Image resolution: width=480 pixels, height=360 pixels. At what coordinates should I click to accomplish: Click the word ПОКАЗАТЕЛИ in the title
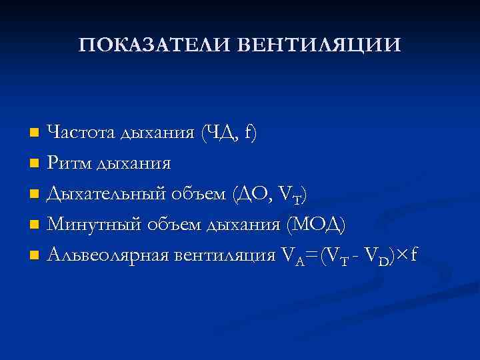154,45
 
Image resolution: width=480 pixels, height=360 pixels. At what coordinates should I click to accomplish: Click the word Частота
82,132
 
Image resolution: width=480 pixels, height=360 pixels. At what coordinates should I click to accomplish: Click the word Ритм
71,163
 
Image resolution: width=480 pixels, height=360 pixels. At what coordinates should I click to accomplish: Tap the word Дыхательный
109,194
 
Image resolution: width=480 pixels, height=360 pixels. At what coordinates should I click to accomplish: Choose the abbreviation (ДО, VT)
270,194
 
